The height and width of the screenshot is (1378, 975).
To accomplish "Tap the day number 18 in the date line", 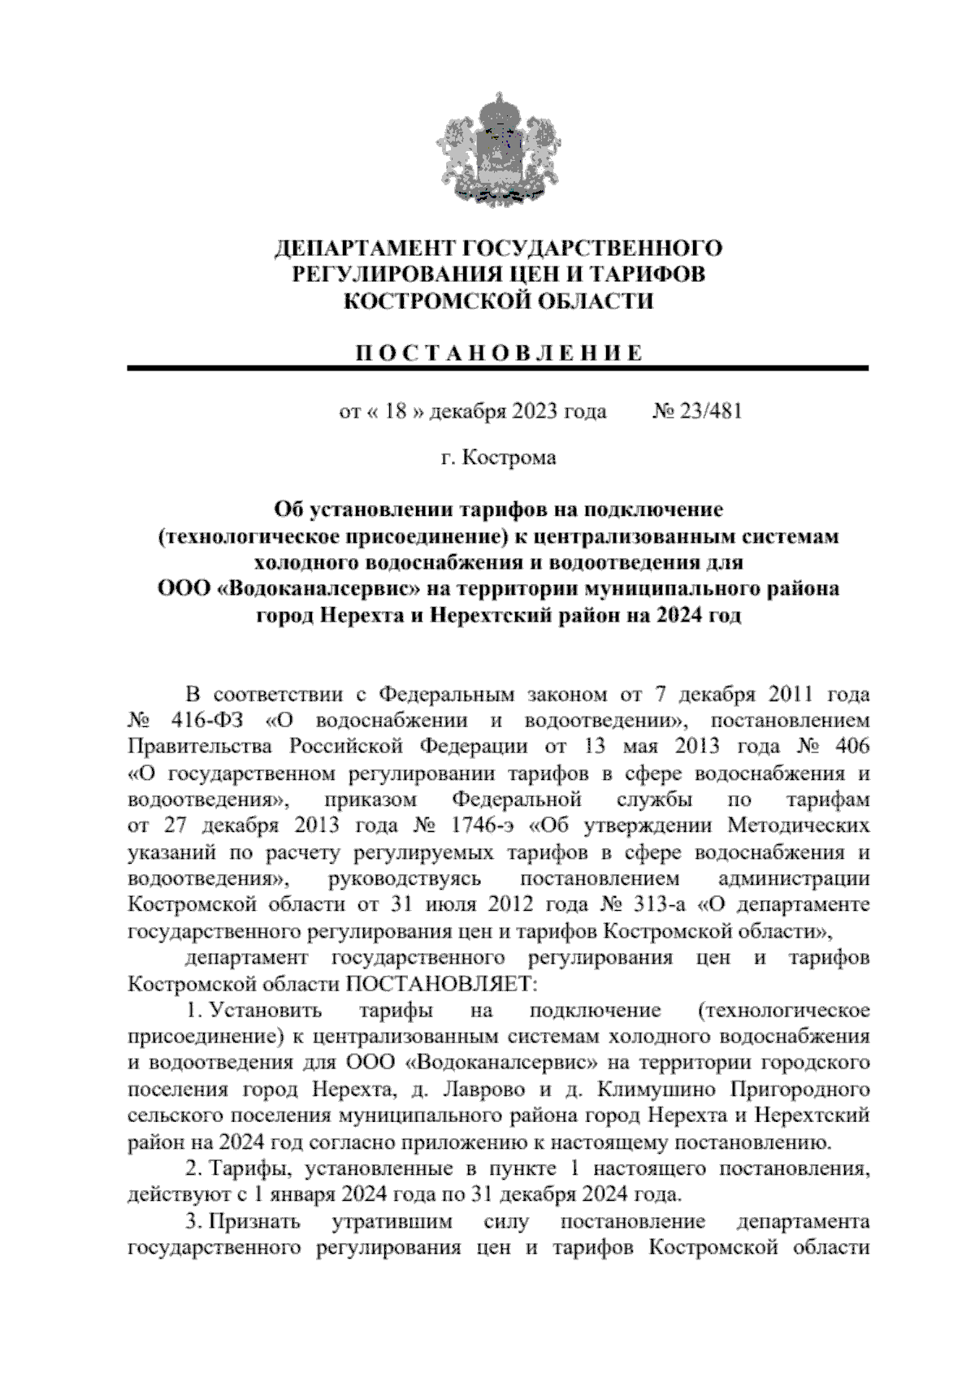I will tap(395, 411).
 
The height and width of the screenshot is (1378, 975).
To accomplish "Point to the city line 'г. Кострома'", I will tap(498, 458).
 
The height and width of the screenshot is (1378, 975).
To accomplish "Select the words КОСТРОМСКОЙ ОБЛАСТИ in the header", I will tap(498, 301).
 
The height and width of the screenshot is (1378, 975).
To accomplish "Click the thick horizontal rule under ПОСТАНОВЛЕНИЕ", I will tap(498, 369).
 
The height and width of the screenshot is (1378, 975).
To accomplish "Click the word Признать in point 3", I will tap(255, 1222).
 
